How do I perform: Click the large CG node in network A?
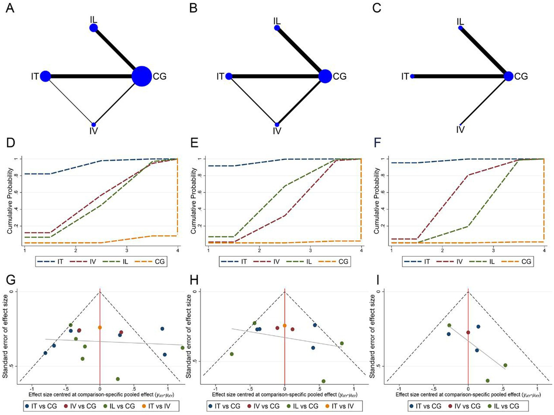pos(142,76)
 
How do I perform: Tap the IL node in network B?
pos(277,28)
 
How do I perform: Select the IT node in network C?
pos(412,76)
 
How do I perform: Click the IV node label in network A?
pos(93,131)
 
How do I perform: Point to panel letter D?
pos(10,143)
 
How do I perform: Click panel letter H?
pos(194,280)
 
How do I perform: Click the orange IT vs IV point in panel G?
pos(100,328)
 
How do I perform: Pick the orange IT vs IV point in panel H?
pos(285,326)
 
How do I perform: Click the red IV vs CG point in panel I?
pos(468,333)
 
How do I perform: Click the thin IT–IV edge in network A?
pos(69,101)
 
